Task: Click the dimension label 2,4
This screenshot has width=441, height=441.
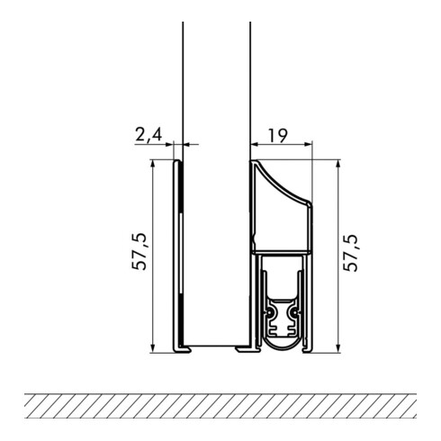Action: [148, 135]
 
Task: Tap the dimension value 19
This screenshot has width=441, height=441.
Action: [277, 136]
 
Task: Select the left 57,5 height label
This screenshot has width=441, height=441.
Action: [139, 252]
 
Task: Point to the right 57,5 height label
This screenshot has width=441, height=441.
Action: [351, 253]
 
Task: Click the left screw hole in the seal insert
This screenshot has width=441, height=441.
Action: [271, 313]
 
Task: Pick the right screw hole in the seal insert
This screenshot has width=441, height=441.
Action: [295, 313]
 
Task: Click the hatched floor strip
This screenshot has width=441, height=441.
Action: [220, 406]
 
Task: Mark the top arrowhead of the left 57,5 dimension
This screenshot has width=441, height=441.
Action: [153, 164]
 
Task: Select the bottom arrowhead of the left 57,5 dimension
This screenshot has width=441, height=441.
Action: [153, 348]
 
